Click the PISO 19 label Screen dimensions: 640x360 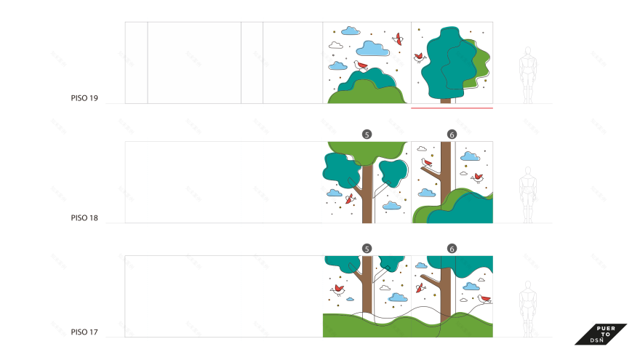coord(84,98)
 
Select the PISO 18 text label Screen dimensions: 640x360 coord(84,218)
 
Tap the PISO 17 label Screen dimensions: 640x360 coord(84,332)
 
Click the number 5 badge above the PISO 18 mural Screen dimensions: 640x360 coord(367,135)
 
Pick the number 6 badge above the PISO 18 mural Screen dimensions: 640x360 coord(452,135)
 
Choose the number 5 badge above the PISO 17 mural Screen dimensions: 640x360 coord(367,249)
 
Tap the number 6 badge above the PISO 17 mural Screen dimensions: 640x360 coord(452,249)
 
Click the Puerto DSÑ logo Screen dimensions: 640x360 coord(601,335)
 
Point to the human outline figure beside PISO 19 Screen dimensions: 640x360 coord(528,75)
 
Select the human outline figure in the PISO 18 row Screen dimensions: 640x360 coord(528,195)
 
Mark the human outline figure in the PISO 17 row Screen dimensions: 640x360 coord(528,309)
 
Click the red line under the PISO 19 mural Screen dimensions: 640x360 coord(452,108)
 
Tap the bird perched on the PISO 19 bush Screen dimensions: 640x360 coord(361,65)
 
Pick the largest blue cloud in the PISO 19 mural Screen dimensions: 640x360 coord(372,49)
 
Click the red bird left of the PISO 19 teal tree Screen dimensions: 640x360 coord(419,57)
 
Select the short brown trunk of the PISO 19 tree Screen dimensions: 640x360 coord(445,100)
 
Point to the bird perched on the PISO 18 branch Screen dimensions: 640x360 coord(426,163)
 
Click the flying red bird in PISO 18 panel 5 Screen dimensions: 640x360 coord(351,199)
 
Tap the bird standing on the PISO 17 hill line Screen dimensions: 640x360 coord(484,298)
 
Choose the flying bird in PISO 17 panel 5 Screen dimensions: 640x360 coord(338,289)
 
